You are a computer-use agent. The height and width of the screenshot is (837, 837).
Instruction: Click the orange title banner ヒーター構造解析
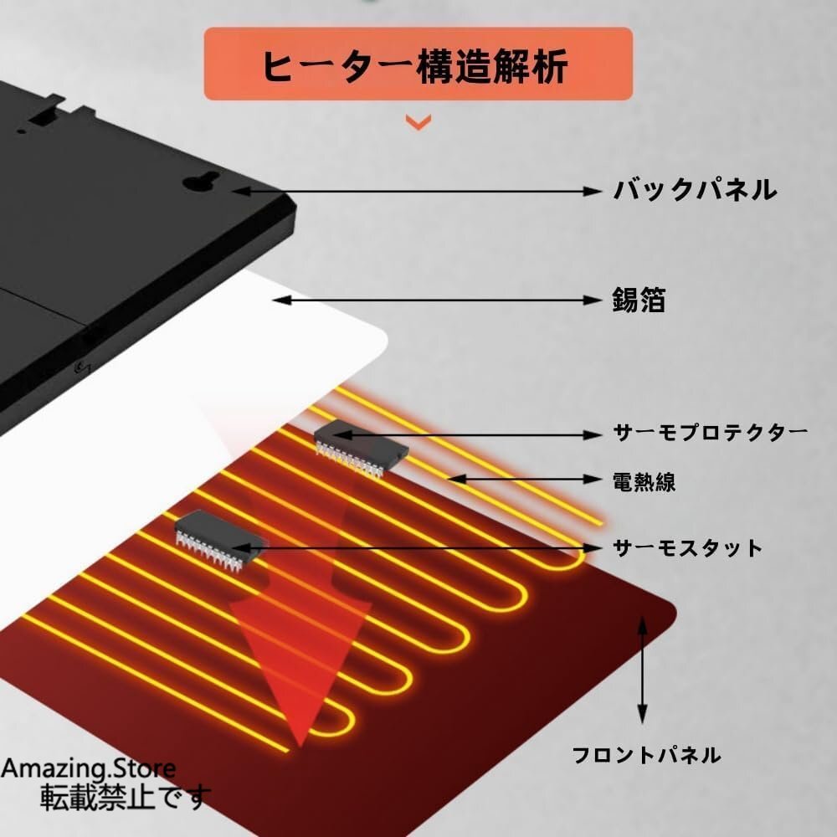tap(418, 64)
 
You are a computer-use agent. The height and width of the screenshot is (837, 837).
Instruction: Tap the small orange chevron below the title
tap(418, 123)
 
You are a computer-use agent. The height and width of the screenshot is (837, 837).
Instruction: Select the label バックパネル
tap(695, 191)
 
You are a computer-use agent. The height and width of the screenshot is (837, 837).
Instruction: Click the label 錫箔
tap(639, 300)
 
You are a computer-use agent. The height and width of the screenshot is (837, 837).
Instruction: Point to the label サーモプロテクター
tap(711, 432)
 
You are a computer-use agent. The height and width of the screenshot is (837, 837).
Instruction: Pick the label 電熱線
tap(644, 481)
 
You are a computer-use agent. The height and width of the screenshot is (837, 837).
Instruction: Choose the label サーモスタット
tap(688, 548)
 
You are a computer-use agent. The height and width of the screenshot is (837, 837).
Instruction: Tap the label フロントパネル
tap(646, 755)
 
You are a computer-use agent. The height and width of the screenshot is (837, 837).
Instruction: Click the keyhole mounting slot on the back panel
tap(202, 182)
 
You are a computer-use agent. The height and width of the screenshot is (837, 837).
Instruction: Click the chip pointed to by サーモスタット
tap(220, 539)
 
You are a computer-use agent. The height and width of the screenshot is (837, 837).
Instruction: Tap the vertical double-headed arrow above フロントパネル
tap(643, 670)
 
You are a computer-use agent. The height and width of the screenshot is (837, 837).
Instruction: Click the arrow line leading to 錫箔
tap(437, 300)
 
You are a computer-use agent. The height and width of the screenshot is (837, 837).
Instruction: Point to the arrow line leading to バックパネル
tap(417, 191)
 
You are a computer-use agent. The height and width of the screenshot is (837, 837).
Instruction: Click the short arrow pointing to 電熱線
tap(525, 480)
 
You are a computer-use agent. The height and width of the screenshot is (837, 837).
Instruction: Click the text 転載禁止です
tap(126, 797)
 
